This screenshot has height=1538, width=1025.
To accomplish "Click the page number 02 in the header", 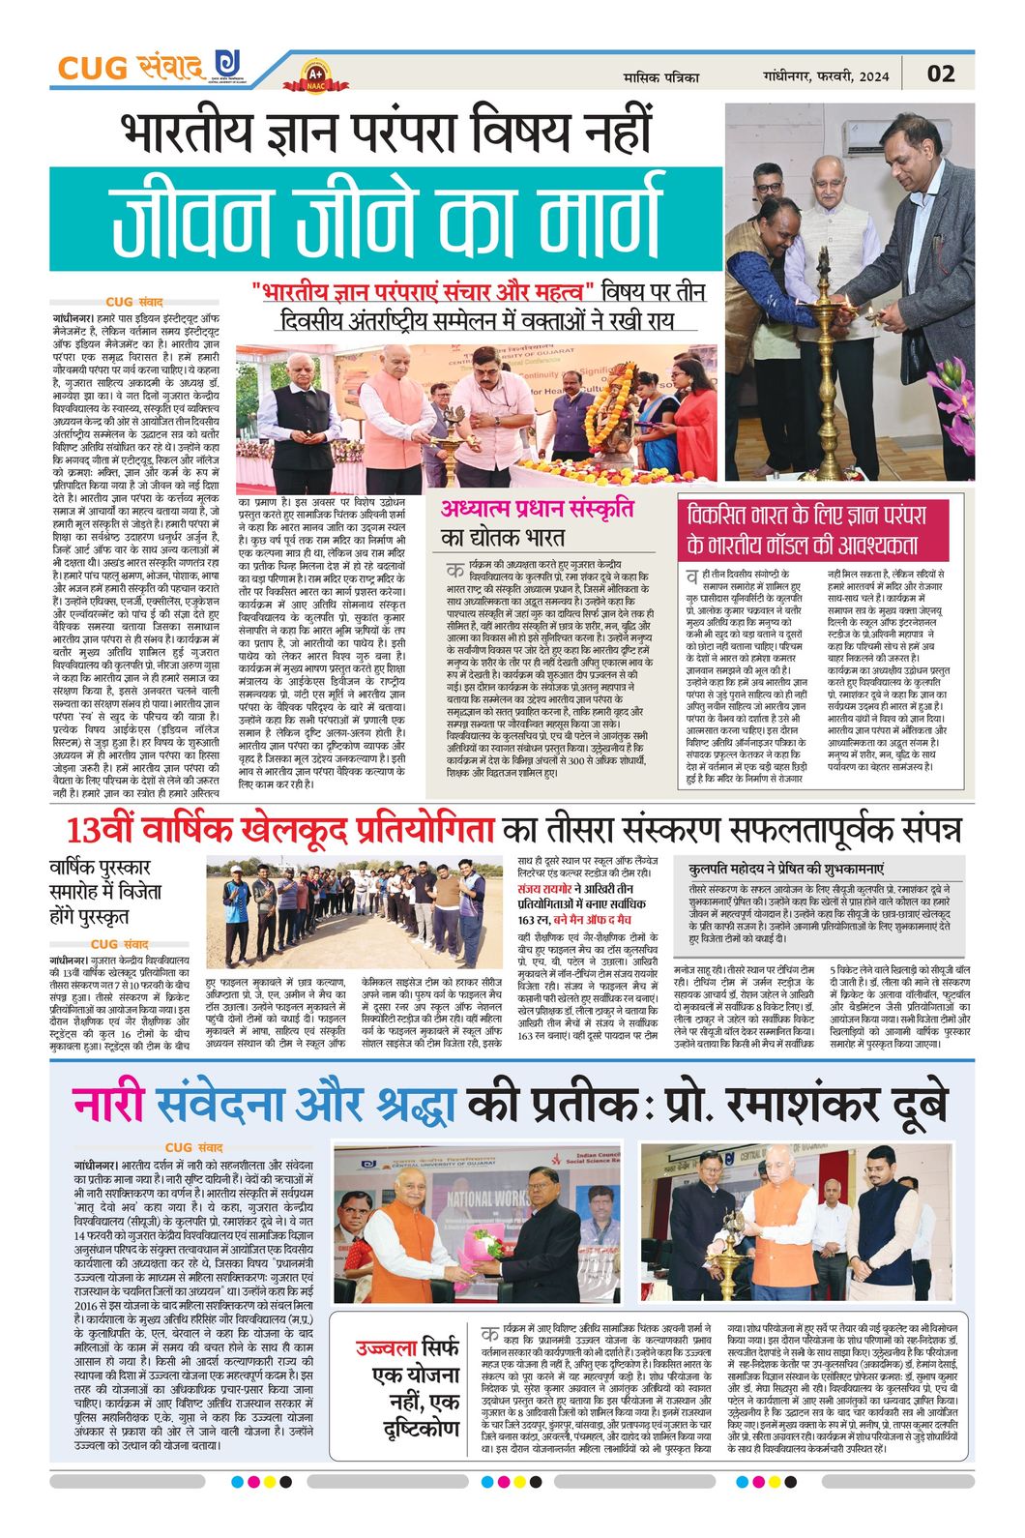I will pos(940,74).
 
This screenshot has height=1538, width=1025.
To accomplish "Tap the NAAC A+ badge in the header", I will pos(315,74).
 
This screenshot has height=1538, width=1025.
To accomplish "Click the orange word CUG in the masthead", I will pos(92,69).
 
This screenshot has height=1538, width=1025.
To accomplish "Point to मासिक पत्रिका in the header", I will pos(661,76).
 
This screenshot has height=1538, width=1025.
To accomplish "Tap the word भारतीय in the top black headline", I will pos(190,134).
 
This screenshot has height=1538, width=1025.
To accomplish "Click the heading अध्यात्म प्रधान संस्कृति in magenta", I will pos(538,508).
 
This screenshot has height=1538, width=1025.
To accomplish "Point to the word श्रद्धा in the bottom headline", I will pos(410,1106).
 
